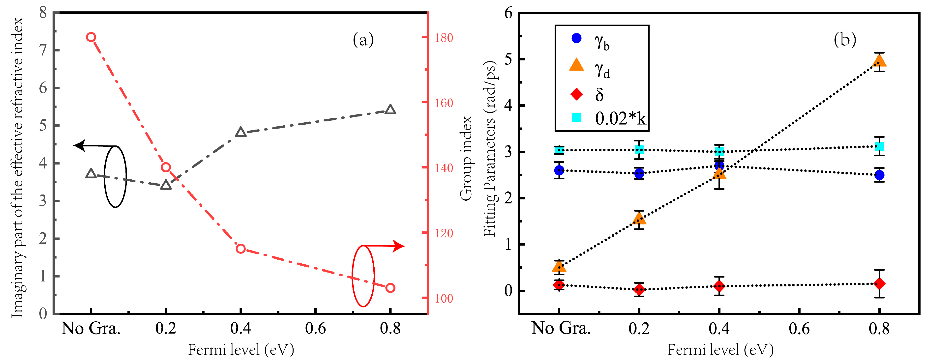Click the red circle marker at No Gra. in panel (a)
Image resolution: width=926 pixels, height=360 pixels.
pos(91,37)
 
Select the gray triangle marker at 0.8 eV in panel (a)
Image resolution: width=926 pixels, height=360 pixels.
pos(390,110)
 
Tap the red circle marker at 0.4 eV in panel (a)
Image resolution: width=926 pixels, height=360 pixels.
pos(240,249)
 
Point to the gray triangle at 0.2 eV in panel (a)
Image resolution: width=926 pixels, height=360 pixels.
pos(166,185)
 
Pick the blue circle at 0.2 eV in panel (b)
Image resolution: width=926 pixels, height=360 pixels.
pos(639,173)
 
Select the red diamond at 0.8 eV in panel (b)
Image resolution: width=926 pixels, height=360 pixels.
pos(879,284)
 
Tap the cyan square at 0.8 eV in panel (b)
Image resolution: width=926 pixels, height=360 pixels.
pos(879,146)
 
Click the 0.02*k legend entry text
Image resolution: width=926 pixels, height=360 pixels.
pos(620,119)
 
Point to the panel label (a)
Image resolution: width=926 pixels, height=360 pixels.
pos(363,40)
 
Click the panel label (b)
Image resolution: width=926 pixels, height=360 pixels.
pos(845,40)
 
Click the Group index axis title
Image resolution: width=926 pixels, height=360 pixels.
pos(466,158)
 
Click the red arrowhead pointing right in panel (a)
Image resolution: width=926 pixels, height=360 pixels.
pos(399,246)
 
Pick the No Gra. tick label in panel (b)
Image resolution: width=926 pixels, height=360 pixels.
pos(561,328)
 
